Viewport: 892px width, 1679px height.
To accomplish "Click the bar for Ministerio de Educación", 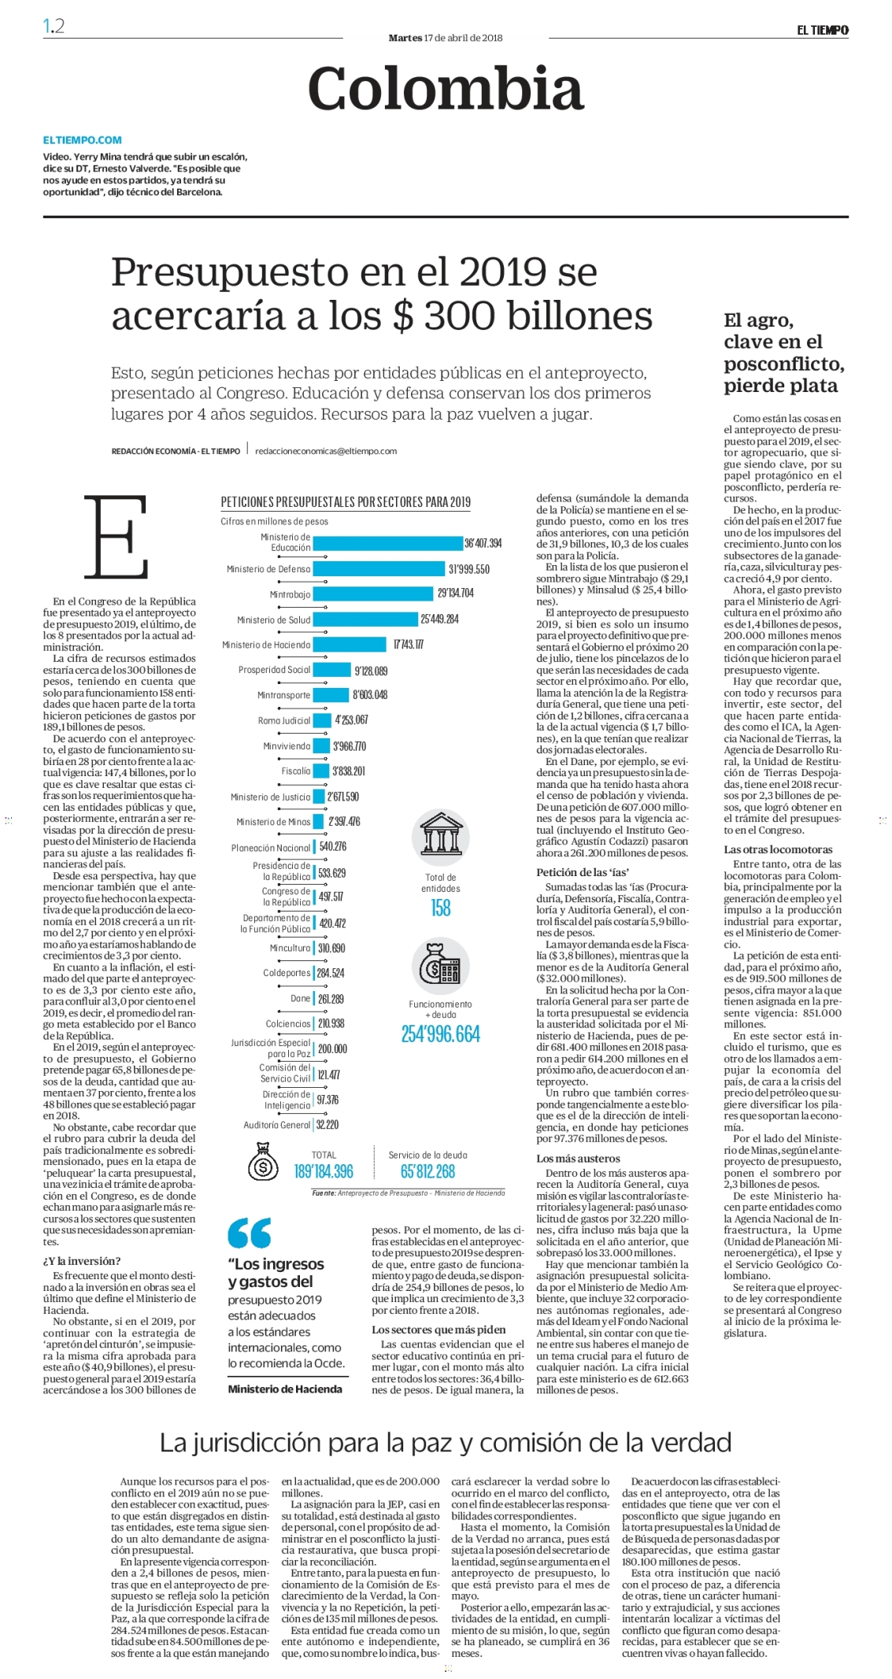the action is click(x=388, y=543).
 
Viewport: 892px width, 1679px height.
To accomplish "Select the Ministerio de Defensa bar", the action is click(x=379, y=569).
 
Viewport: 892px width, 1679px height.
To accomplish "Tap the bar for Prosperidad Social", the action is click(x=332, y=670).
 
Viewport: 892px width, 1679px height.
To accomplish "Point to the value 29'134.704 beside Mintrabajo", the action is click(x=456, y=594).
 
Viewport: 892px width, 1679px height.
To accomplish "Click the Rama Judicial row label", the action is click(x=284, y=721).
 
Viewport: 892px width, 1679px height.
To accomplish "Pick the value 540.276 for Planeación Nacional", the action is click(x=332, y=847).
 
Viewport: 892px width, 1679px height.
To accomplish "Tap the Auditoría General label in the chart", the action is click(x=277, y=1125).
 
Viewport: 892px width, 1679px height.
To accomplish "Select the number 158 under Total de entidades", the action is click(x=441, y=908).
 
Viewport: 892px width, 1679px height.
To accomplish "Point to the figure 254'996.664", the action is click(x=441, y=1034).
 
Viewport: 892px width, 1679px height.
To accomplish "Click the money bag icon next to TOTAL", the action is click(x=263, y=1163).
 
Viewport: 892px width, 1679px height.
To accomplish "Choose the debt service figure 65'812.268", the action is click(x=427, y=1171).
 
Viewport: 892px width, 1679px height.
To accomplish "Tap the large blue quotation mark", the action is click(x=250, y=1233).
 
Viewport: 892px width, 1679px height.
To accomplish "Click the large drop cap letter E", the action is click(x=117, y=537).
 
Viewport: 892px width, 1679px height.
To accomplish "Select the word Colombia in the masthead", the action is click(x=446, y=88).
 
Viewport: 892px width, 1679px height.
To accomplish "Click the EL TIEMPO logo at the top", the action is click(x=822, y=30).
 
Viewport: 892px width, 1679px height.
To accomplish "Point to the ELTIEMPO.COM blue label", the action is click(x=83, y=140).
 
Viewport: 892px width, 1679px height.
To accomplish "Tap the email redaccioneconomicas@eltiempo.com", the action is click(x=326, y=451).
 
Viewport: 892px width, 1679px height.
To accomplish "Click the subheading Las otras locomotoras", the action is click(x=778, y=849).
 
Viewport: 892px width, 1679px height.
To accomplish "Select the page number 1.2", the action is click(x=54, y=26).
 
